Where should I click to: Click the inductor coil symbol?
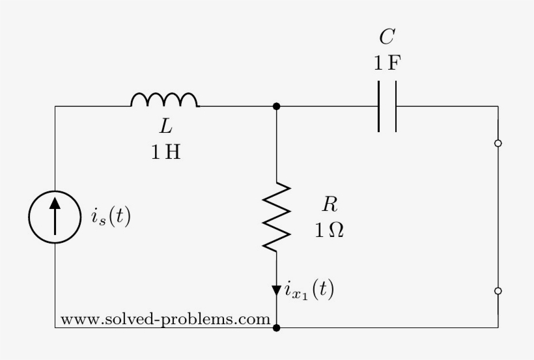165,100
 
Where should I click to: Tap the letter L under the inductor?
166,128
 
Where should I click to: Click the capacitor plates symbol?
387,106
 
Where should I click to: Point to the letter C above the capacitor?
386,36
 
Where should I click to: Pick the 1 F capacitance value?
387,64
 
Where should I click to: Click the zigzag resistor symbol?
277,217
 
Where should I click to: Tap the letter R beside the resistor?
330,205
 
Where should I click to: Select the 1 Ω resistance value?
330,230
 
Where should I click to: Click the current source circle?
55,217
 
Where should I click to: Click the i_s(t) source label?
111,217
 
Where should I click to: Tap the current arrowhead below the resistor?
277,290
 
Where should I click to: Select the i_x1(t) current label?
309,290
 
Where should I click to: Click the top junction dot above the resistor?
277,106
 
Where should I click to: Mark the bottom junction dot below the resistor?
277,327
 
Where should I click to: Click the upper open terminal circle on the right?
498,143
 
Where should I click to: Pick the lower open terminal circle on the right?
498,291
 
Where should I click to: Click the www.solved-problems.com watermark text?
165,320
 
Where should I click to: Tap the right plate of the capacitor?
395,106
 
